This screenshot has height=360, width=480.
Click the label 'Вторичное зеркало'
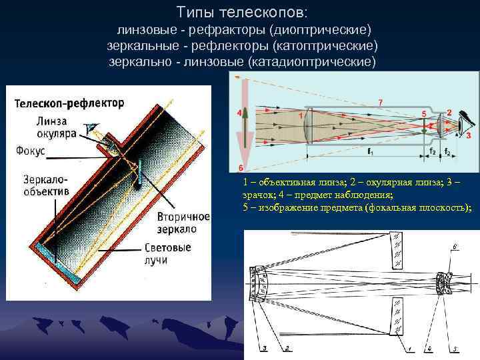[184, 223]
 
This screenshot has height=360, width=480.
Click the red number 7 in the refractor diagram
[380, 101]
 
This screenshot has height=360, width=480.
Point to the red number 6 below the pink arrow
[240, 167]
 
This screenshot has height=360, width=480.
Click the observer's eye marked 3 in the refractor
[467, 123]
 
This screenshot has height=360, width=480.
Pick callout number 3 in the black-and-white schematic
[265, 348]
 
